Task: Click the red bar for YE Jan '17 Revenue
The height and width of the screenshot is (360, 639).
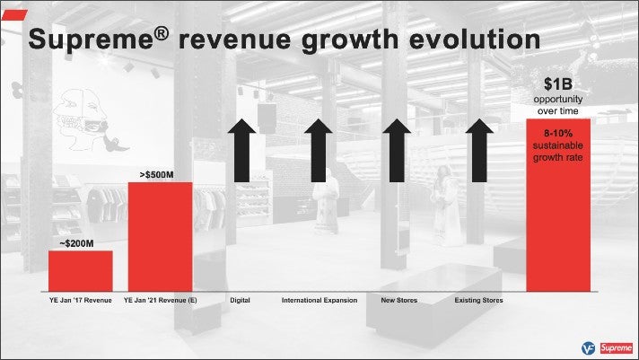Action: pyautogui.click(x=80, y=271)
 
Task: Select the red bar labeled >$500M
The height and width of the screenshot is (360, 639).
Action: pyautogui.click(x=160, y=237)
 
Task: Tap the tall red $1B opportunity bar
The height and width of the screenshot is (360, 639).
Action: pyautogui.click(x=558, y=205)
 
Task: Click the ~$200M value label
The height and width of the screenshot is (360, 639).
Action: pyautogui.click(x=76, y=244)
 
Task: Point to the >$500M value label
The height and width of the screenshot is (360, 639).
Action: pyautogui.click(x=156, y=175)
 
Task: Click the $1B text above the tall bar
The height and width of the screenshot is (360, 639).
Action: pyautogui.click(x=558, y=84)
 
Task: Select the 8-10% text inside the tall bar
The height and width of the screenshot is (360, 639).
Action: pyautogui.click(x=558, y=134)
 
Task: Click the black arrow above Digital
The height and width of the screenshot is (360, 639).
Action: pyautogui.click(x=241, y=151)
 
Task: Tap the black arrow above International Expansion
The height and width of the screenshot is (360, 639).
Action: pyautogui.click(x=319, y=151)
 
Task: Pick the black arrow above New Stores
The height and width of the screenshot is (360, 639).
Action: pyautogui.click(x=397, y=151)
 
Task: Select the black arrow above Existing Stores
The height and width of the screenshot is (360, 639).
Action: pyautogui.click(x=479, y=151)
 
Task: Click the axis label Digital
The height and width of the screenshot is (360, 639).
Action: pyautogui.click(x=240, y=301)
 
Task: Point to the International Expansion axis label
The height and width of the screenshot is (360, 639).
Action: pyautogui.click(x=319, y=301)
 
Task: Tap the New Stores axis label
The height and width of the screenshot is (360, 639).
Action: pyautogui.click(x=399, y=301)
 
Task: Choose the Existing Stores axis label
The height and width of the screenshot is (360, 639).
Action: pyautogui.click(x=479, y=301)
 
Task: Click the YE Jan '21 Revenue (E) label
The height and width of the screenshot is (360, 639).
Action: pyautogui.click(x=160, y=301)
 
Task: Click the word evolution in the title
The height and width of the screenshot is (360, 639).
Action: pyautogui.click(x=475, y=40)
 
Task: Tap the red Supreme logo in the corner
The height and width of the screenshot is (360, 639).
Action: pyautogui.click(x=617, y=348)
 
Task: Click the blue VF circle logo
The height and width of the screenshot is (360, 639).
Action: pyautogui.click(x=589, y=348)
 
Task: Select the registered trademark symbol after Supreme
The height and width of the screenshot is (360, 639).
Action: pyautogui.click(x=162, y=33)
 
